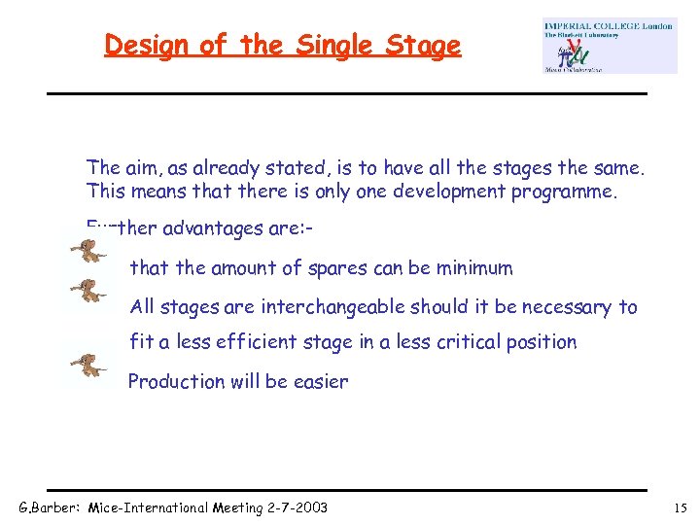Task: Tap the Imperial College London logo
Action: click(x=609, y=46)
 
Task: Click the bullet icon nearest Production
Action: click(x=88, y=366)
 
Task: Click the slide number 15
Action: click(x=679, y=507)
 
